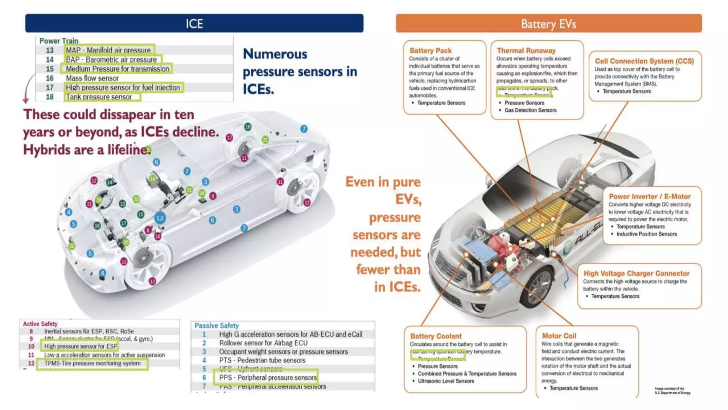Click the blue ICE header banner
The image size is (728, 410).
click(x=194, y=23)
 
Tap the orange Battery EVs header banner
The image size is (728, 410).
click(x=548, y=23)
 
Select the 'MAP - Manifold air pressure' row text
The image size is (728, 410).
click(x=108, y=50)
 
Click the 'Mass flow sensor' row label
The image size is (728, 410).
click(x=92, y=78)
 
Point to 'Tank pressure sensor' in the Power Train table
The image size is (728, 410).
click(x=99, y=97)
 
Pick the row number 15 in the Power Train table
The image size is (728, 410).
click(x=50, y=69)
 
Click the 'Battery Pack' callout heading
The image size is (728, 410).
click(x=430, y=51)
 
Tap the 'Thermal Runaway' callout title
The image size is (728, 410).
click(x=526, y=51)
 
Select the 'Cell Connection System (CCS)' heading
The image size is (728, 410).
click(x=644, y=61)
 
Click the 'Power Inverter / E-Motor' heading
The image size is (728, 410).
click(x=649, y=196)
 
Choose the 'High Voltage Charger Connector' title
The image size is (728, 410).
click(x=636, y=273)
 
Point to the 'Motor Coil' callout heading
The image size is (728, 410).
click(x=559, y=336)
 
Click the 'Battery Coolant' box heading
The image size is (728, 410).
click(x=436, y=336)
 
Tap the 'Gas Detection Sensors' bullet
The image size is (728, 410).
click(x=530, y=110)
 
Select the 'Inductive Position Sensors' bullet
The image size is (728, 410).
click(x=646, y=234)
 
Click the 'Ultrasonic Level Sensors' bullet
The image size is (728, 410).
click(x=446, y=381)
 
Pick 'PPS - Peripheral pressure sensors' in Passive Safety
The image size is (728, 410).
click(x=268, y=378)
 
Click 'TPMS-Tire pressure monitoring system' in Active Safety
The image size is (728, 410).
click(x=92, y=363)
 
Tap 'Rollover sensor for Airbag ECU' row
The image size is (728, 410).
click(x=263, y=343)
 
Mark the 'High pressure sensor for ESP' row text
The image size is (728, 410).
click(x=80, y=346)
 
